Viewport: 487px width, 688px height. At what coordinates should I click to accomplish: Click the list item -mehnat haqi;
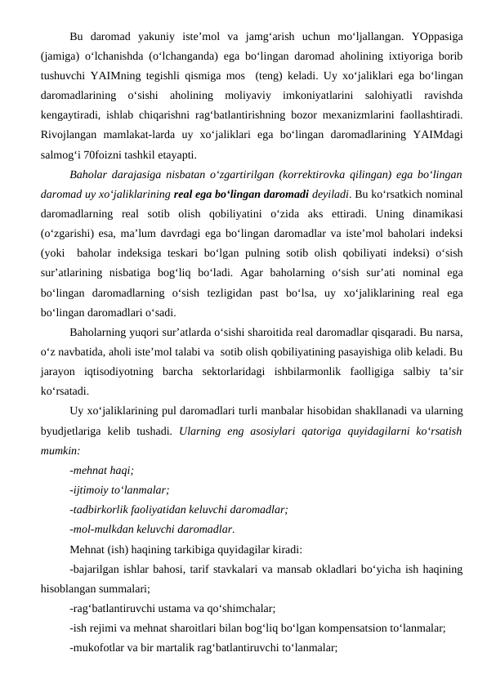(101, 470)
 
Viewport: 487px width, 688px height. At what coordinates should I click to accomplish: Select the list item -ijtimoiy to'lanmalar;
(119, 489)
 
